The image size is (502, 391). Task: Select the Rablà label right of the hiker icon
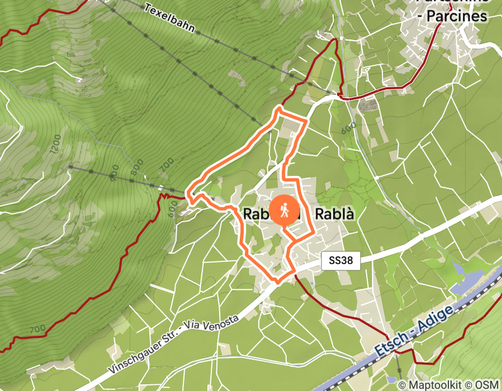pos(335,214)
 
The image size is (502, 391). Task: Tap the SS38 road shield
pos(340,260)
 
